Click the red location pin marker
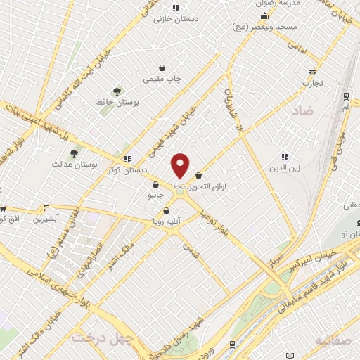tap(181, 165)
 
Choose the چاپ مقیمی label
tap(162, 80)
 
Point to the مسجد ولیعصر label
tap(267, 25)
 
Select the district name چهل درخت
tap(96, 337)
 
